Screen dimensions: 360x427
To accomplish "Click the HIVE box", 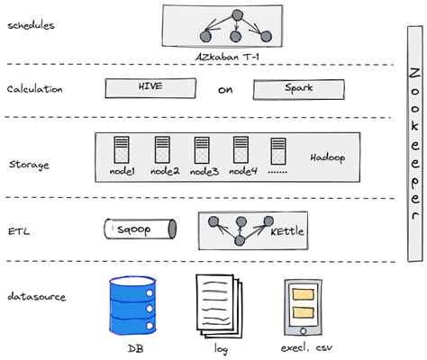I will click(x=150, y=88).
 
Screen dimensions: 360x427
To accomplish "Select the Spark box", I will click(x=297, y=90).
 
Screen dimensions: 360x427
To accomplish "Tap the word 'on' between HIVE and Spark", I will click(x=226, y=90).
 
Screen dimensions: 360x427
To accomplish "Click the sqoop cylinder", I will click(x=139, y=230).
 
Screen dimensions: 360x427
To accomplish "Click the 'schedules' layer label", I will click(x=31, y=24).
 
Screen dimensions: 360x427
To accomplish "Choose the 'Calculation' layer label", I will click(x=34, y=89).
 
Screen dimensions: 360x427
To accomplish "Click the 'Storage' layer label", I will click(x=29, y=165).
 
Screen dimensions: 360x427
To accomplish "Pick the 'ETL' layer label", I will click(x=19, y=230).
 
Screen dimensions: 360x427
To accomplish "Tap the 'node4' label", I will click(x=242, y=171).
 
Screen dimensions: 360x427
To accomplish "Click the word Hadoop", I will click(x=328, y=157).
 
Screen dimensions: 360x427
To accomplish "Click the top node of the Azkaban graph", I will click(x=237, y=15).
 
